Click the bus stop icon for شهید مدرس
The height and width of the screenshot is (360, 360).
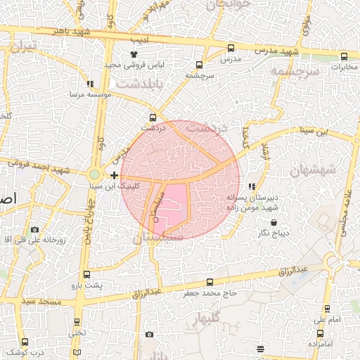click(x=231, y=48)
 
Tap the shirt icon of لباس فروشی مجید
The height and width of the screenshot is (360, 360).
click(x=134, y=53)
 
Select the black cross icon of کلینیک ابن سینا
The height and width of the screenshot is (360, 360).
click(x=115, y=174)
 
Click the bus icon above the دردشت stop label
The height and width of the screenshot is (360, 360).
click(x=153, y=118)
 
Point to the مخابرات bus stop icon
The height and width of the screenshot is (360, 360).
click(x=344, y=57)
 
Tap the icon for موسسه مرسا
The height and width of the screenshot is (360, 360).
click(x=90, y=84)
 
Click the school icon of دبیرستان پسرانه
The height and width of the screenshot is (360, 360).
click(x=252, y=186)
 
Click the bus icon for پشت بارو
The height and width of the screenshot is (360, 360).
click(x=86, y=274)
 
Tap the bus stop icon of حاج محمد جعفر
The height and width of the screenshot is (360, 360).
click(x=210, y=282)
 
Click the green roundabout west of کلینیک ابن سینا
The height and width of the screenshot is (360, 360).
click(x=94, y=174)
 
